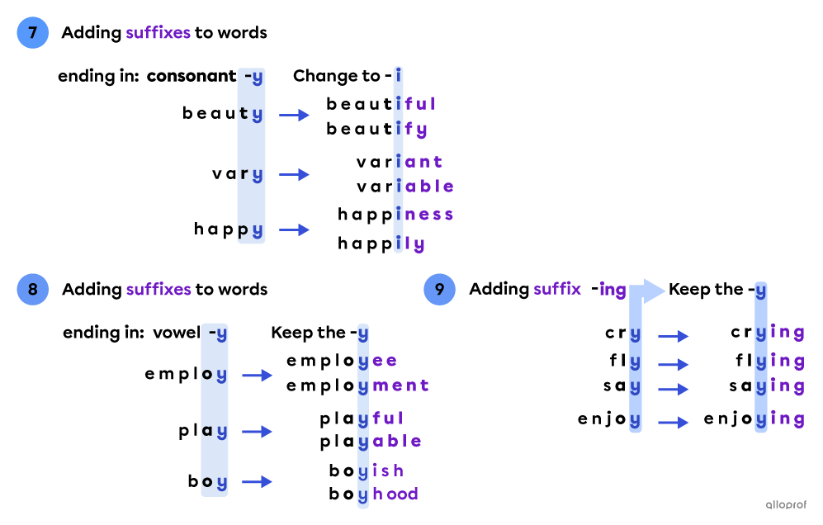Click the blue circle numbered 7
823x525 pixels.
[x=33, y=33]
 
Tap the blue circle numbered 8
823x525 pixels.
[x=33, y=290]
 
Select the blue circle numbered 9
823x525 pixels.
[x=439, y=290]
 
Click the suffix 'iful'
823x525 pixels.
[x=415, y=104]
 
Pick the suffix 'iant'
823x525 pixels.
[x=419, y=162]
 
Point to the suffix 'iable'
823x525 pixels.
[x=424, y=187]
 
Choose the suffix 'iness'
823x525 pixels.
[x=424, y=215]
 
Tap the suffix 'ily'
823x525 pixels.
[x=410, y=244]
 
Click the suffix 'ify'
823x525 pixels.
[x=411, y=129]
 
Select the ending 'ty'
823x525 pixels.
[x=251, y=115]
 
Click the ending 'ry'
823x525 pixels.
[x=251, y=174]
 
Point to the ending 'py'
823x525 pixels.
[x=251, y=230]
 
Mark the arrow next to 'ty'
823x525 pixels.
[x=294, y=115]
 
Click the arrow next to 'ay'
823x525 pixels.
[x=257, y=432]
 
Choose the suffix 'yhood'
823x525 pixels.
[x=388, y=494]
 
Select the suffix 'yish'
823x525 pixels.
[x=381, y=471]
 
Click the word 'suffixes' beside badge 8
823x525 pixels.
[x=158, y=290]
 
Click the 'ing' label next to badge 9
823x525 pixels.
[x=613, y=290]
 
